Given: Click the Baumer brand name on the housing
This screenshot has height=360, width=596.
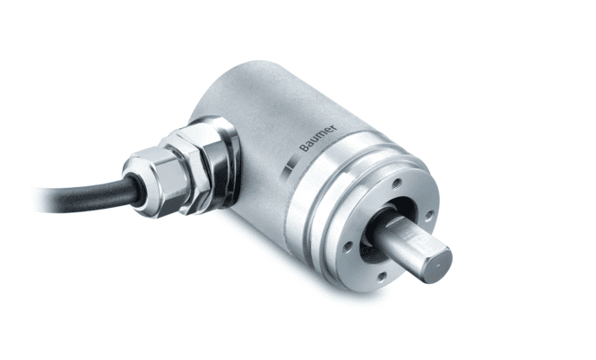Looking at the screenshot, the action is pyautogui.click(x=318, y=138).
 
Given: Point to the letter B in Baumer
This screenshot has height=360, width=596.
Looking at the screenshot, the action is pyautogui.click(x=304, y=148).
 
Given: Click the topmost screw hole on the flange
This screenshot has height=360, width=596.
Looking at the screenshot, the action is pyautogui.click(x=397, y=184).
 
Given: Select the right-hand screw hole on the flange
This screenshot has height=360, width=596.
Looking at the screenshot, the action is pyautogui.click(x=428, y=216).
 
